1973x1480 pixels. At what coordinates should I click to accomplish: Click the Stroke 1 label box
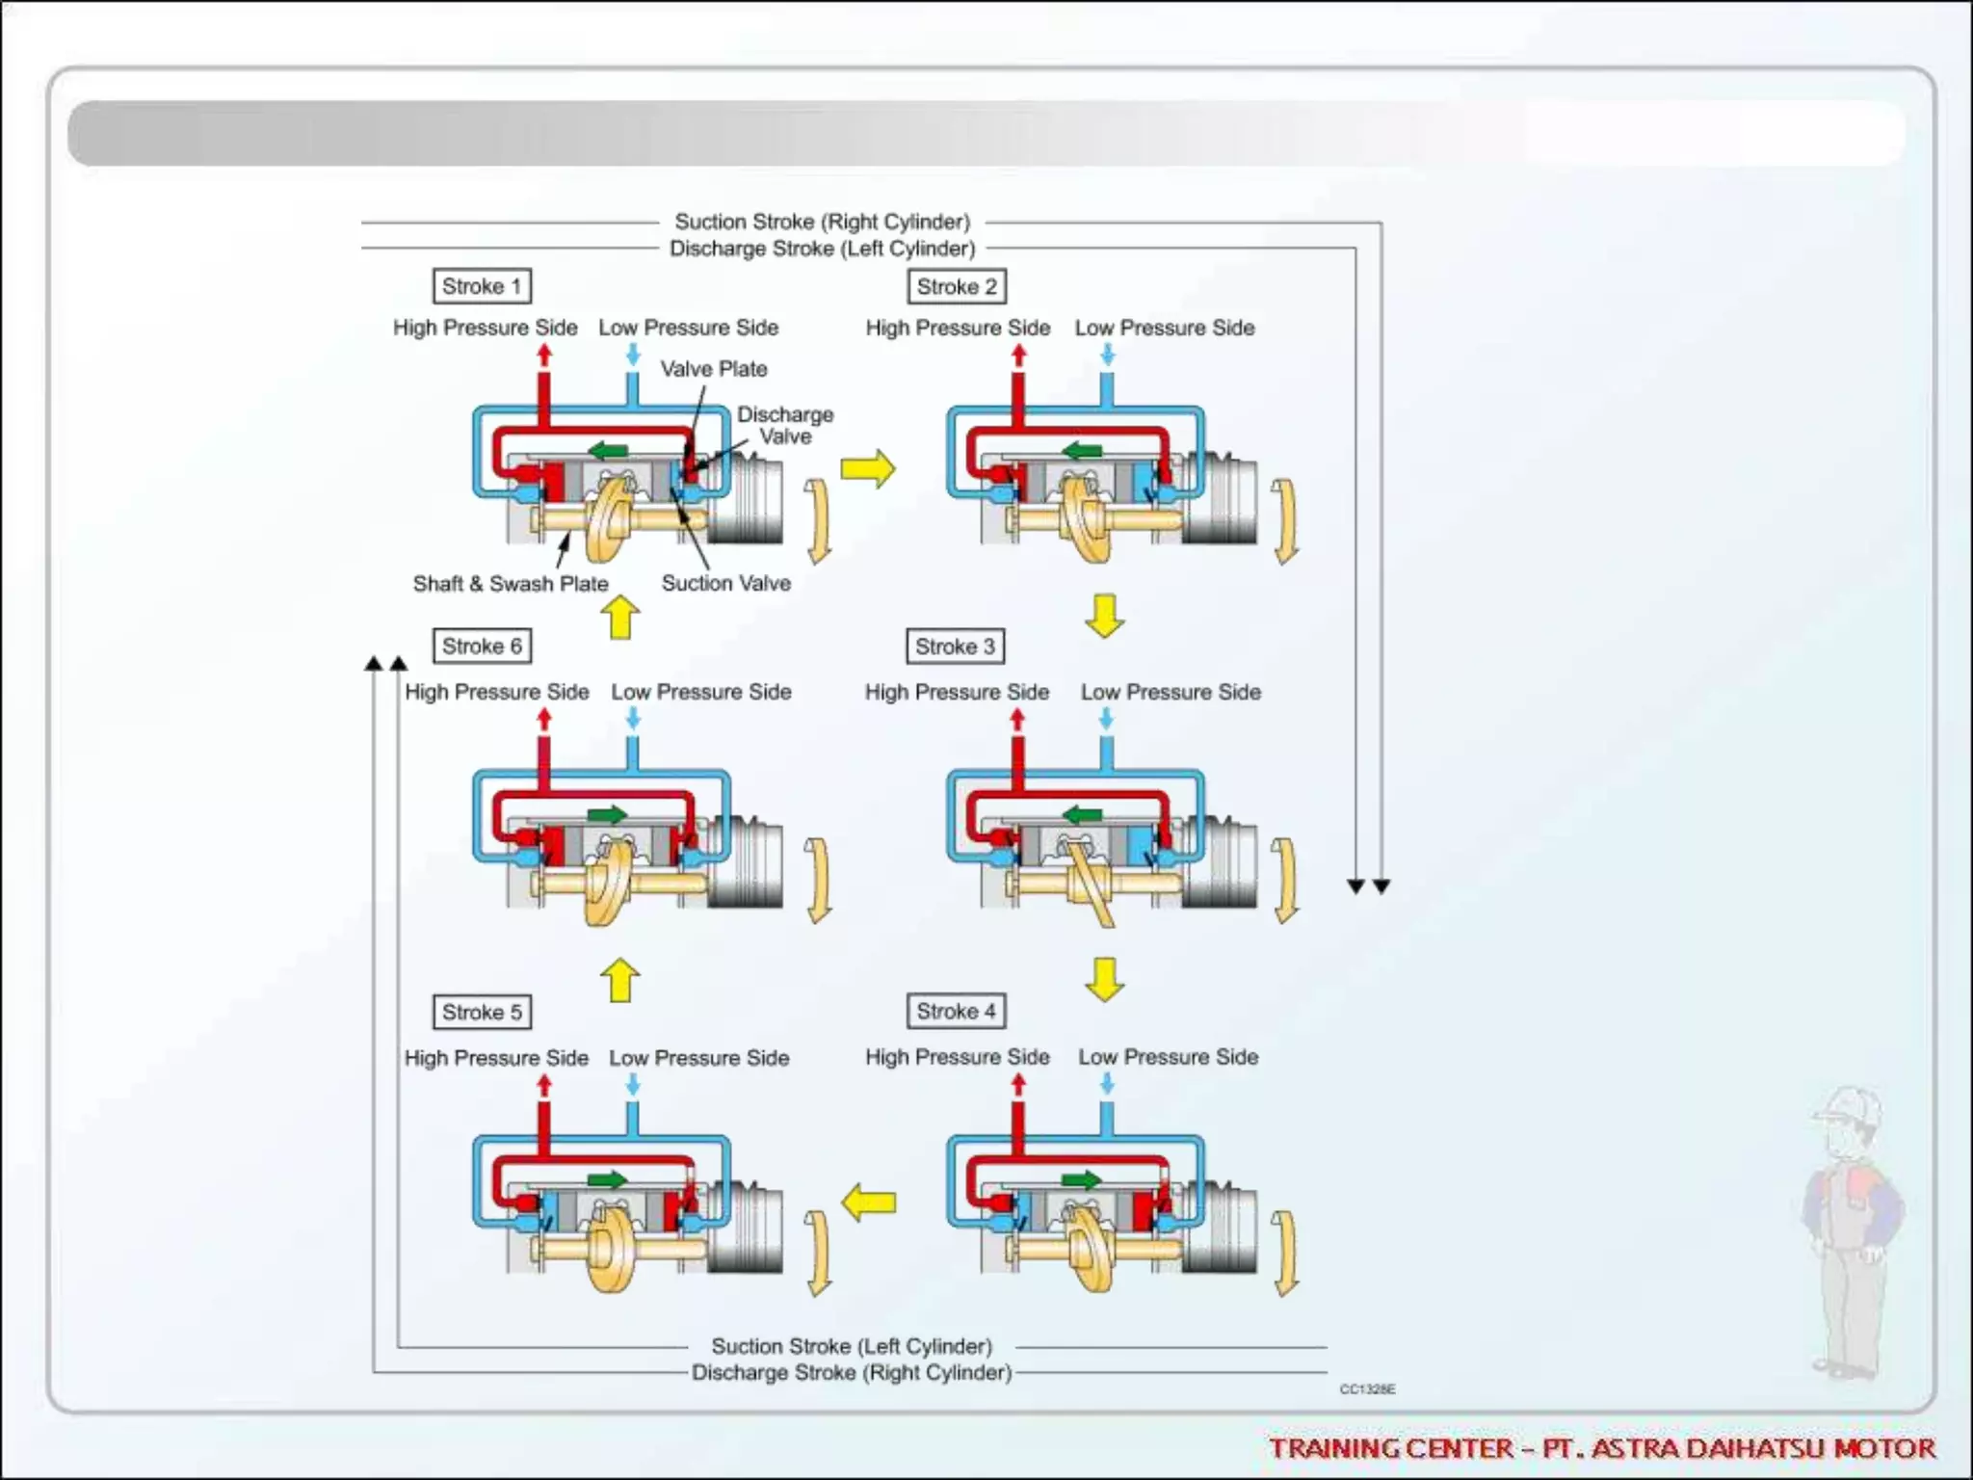(482, 286)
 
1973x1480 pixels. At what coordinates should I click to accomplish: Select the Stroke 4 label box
(956, 1011)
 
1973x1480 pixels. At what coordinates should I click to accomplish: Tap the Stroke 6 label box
(482, 646)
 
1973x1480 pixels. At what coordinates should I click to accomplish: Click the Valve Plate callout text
(713, 369)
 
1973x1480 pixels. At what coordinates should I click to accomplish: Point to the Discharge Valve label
(785, 425)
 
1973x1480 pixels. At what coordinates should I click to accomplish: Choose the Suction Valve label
(725, 583)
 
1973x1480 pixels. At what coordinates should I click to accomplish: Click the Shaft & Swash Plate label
(511, 584)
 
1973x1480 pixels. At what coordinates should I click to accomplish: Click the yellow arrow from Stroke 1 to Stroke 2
(868, 469)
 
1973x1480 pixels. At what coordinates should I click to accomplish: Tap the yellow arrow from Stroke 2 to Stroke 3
(1104, 616)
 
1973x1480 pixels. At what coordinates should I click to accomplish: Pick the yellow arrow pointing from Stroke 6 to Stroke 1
(620, 617)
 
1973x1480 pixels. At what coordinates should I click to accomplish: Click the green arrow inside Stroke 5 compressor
(607, 1179)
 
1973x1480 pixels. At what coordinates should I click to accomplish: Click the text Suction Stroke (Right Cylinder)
(822, 222)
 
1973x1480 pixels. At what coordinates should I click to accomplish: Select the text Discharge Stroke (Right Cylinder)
(852, 1372)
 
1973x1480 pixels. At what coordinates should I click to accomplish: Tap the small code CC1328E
(1367, 1388)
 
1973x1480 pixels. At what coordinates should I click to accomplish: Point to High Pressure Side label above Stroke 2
(958, 328)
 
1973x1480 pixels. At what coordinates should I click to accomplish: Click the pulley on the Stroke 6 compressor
(747, 862)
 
